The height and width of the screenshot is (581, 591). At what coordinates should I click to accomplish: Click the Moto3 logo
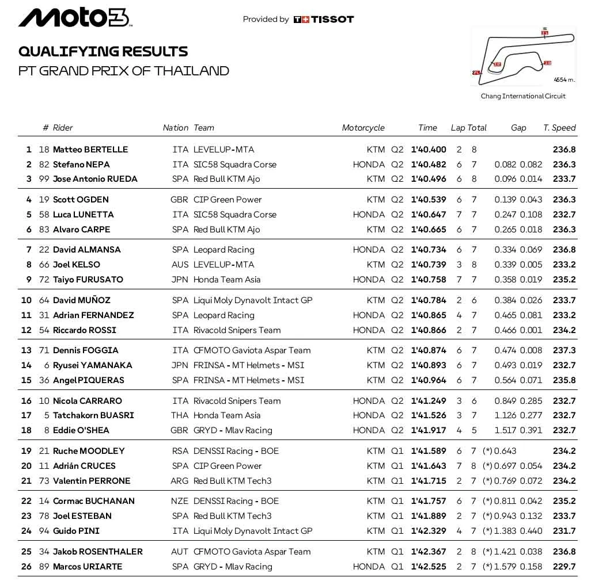[75, 18]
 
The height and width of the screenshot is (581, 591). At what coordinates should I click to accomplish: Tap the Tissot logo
[324, 19]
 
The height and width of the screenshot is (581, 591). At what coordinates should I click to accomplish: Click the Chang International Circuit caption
[523, 96]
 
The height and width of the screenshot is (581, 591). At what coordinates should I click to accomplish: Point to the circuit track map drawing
[523, 55]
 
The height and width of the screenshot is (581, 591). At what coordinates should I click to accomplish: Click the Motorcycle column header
[363, 128]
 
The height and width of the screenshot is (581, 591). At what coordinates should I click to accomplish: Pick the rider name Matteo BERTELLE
[90, 150]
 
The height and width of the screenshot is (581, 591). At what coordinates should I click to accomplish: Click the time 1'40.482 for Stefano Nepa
[429, 165]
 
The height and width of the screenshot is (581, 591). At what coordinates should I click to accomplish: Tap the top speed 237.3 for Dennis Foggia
[564, 350]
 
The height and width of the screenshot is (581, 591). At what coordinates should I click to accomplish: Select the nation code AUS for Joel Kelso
[180, 265]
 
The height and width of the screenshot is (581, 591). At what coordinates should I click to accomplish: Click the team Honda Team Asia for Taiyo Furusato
[227, 280]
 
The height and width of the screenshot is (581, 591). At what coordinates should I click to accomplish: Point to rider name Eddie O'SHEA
[81, 430]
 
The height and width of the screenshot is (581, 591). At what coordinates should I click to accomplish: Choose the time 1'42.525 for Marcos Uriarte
[429, 567]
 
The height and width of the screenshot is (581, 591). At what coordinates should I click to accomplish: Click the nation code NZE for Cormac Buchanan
[180, 501]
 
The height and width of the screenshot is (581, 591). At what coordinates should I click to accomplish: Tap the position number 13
[26, 350]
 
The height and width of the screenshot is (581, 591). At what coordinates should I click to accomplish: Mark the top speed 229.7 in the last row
[564, 567]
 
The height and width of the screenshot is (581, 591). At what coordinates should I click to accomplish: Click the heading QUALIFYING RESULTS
[103, 51]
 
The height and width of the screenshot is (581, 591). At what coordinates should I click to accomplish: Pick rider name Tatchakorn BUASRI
[93, 415]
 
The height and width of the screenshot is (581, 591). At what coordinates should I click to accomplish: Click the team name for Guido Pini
[253, 531]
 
